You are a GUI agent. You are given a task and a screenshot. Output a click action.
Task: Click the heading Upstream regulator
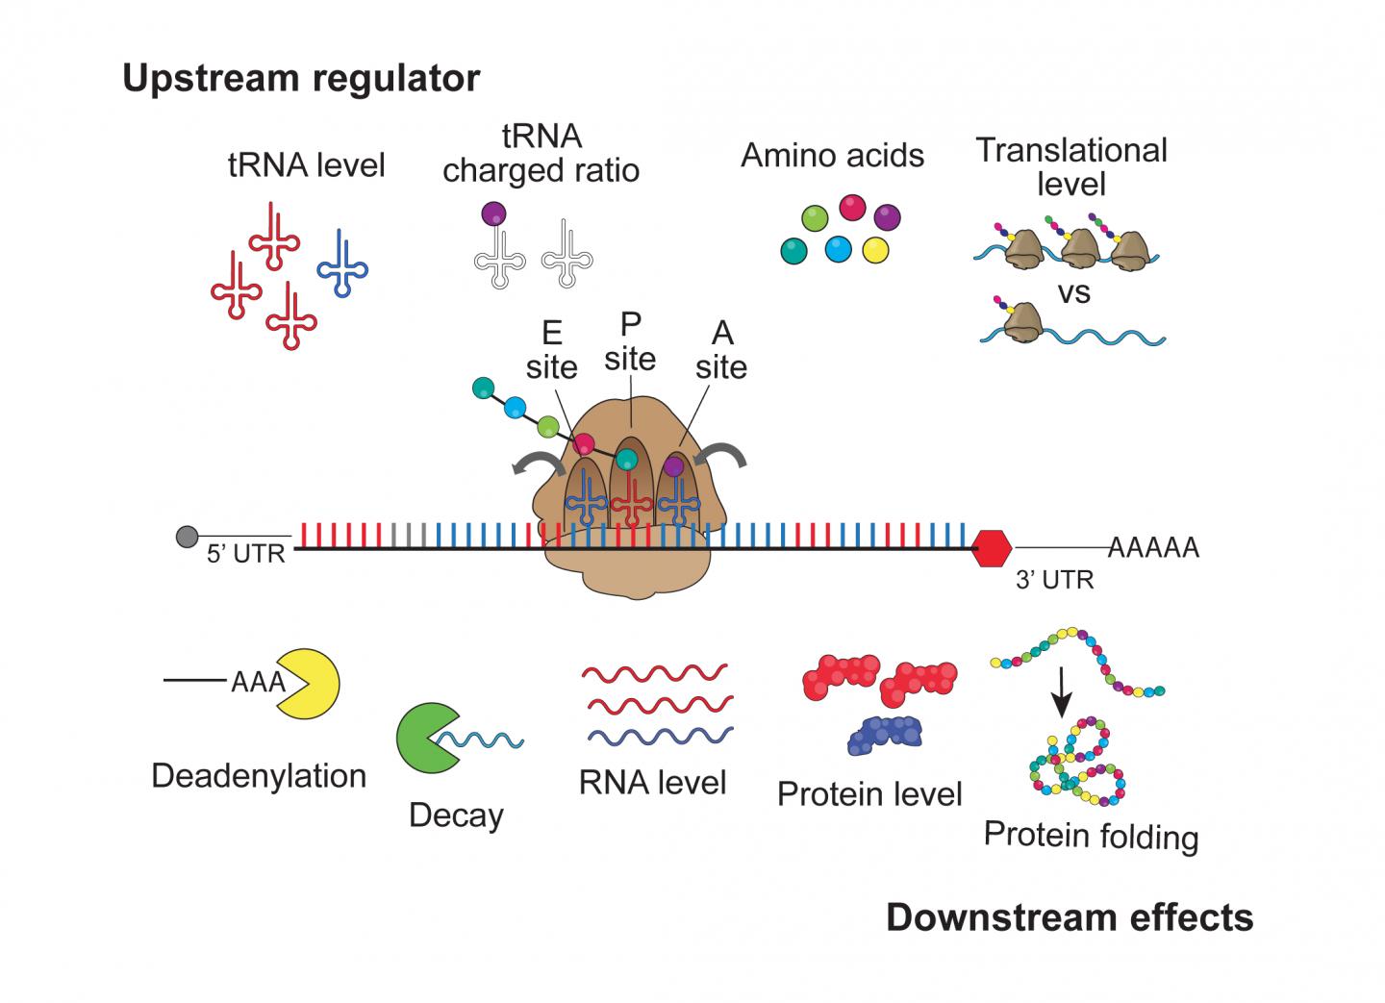click(x=301, y=78)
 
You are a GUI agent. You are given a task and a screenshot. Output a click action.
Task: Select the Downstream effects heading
click(x=1069, y=917)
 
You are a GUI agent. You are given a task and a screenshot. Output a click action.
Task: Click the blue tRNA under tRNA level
click(x=342, y=264)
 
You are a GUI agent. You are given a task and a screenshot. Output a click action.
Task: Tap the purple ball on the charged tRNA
click(x=493, y=213)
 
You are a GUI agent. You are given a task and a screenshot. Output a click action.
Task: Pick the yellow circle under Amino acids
click(x=875, y=250)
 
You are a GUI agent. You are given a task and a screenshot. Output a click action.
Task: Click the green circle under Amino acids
click(x=815, y=218)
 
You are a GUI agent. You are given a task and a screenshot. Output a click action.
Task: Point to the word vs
click(x=1073, y=292)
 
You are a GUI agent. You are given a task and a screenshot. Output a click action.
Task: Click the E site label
click(x=551, y=350)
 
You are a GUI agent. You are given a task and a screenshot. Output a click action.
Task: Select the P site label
click(x=630, y=341)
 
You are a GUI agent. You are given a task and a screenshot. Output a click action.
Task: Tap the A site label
click(x=721, y=350)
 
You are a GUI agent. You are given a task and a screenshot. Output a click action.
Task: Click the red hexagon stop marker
click(x=991, y=548)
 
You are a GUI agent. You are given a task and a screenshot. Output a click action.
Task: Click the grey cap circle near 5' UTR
click(x=187, y=537)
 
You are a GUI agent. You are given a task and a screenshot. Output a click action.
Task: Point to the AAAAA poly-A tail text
click(x=1153, y=548)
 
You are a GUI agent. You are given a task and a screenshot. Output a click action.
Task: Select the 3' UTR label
click(x=1054, y=580)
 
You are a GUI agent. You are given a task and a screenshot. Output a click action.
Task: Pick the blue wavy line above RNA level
click(x=659, y=737)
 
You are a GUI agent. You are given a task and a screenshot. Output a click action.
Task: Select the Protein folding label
click(x=1091, y=835)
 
